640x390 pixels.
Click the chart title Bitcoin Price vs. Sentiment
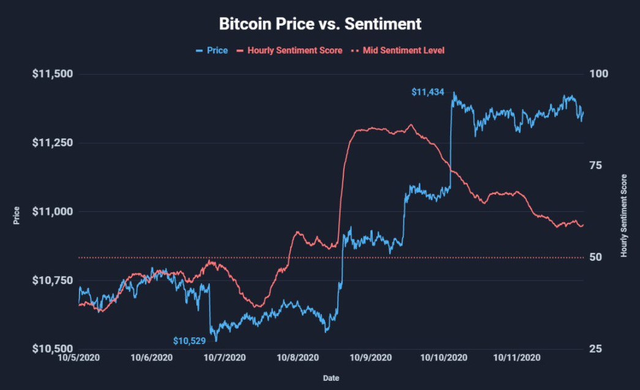pyautogui.click(x=320, y=24)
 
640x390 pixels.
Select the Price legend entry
pyautogui.click(x=212, y=50)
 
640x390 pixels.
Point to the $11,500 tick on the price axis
pyautogui.click(x=52, y=74)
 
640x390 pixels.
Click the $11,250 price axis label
pyautogui.click(x=52, y=143)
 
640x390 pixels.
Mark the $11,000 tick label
pyautogui.click(x=52, y=211)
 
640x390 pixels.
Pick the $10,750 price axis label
pyautogui.click(x=52, y=280)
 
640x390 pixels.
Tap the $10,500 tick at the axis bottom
pyautogui.click(x=52, y=349)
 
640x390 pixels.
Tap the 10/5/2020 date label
pyautogui.click(x=79, y=358)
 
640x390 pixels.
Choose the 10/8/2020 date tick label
pyautogui.click(x=298, y=358)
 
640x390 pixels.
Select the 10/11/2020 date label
pyautogui.click(x=517, y=358)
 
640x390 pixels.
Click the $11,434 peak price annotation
pyautogui.click(x=427, y=92)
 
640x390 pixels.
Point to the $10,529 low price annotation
pyautogui.click(x=189, y=340)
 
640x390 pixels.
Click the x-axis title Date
pyautogui.click(x=331, y=378)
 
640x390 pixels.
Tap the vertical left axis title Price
pyautogui.click(x=17, y=216)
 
